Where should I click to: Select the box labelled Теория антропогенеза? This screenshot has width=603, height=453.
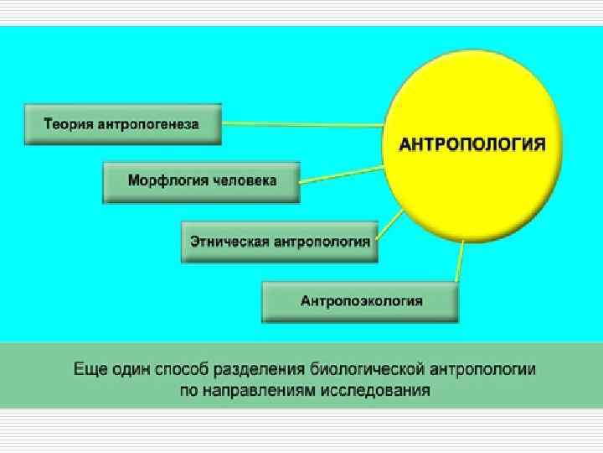point(122,124)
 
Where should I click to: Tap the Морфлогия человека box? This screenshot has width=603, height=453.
point(201,181)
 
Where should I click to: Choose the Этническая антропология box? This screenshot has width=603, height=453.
point(280,242)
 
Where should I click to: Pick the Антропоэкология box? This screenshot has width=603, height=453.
point(361,301)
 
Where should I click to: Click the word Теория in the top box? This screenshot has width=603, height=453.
point(70,124)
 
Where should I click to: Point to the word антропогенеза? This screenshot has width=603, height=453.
point(149,124)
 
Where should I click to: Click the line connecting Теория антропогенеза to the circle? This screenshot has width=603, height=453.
point(301,124)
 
